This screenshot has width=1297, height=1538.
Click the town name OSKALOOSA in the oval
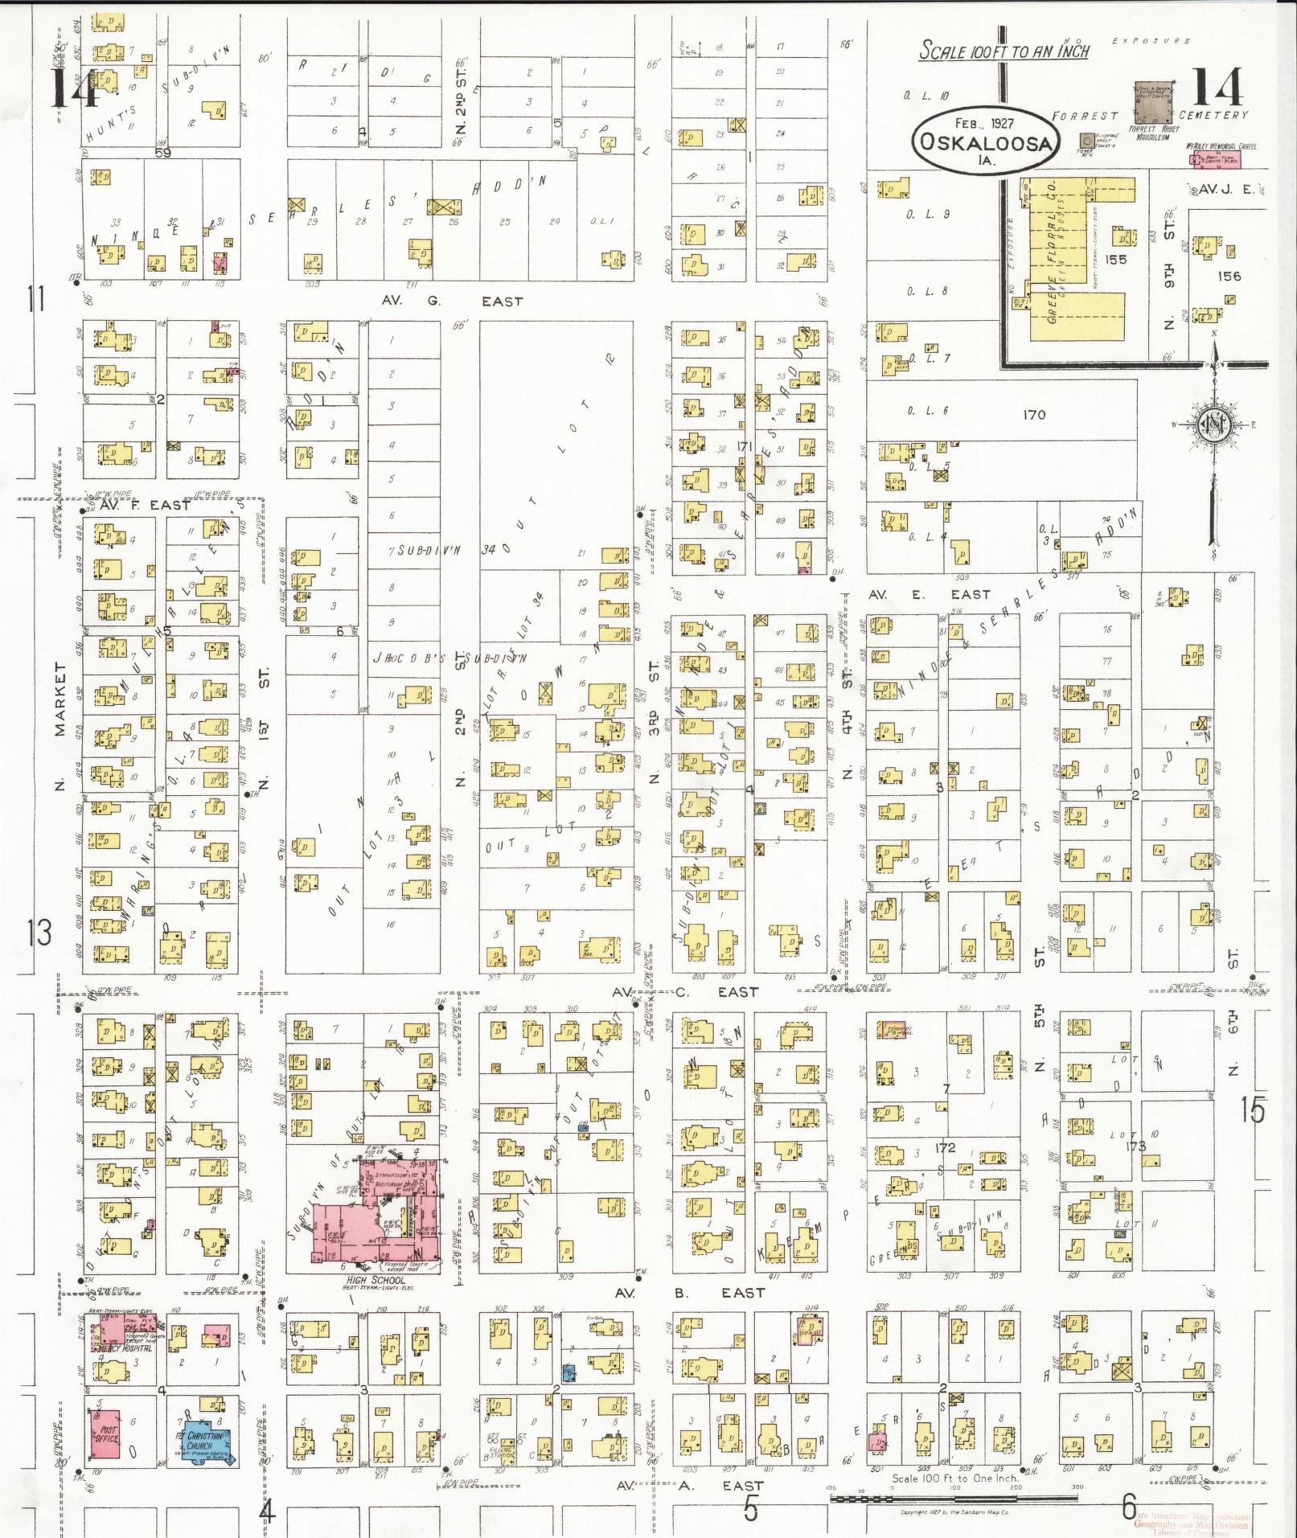(x=986, y=144)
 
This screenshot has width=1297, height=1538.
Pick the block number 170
(x=1034, y=415)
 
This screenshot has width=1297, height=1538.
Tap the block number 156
(x=1229, y=276)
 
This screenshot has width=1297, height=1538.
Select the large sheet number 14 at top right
(x=1217, y=88)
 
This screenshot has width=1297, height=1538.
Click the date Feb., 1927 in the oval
(x=984, y=124)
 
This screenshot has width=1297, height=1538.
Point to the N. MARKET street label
(x=60, y=724)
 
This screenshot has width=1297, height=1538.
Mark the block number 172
(x=946, y=1147)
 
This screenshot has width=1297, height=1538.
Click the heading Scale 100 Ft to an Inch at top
(x=1004, y=51)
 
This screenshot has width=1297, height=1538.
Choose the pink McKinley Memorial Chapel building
(x=1214, y=158)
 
